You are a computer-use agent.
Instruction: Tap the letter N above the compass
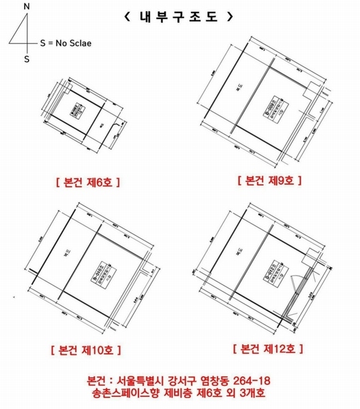click(27, 7)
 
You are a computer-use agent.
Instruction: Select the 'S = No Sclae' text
click(65, 42)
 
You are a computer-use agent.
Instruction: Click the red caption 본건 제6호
click(86, 183)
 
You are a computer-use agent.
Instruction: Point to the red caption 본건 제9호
click(269, 181)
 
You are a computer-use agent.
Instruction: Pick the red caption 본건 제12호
click(269, 349)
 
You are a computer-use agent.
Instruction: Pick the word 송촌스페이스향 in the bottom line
click(127, 393)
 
